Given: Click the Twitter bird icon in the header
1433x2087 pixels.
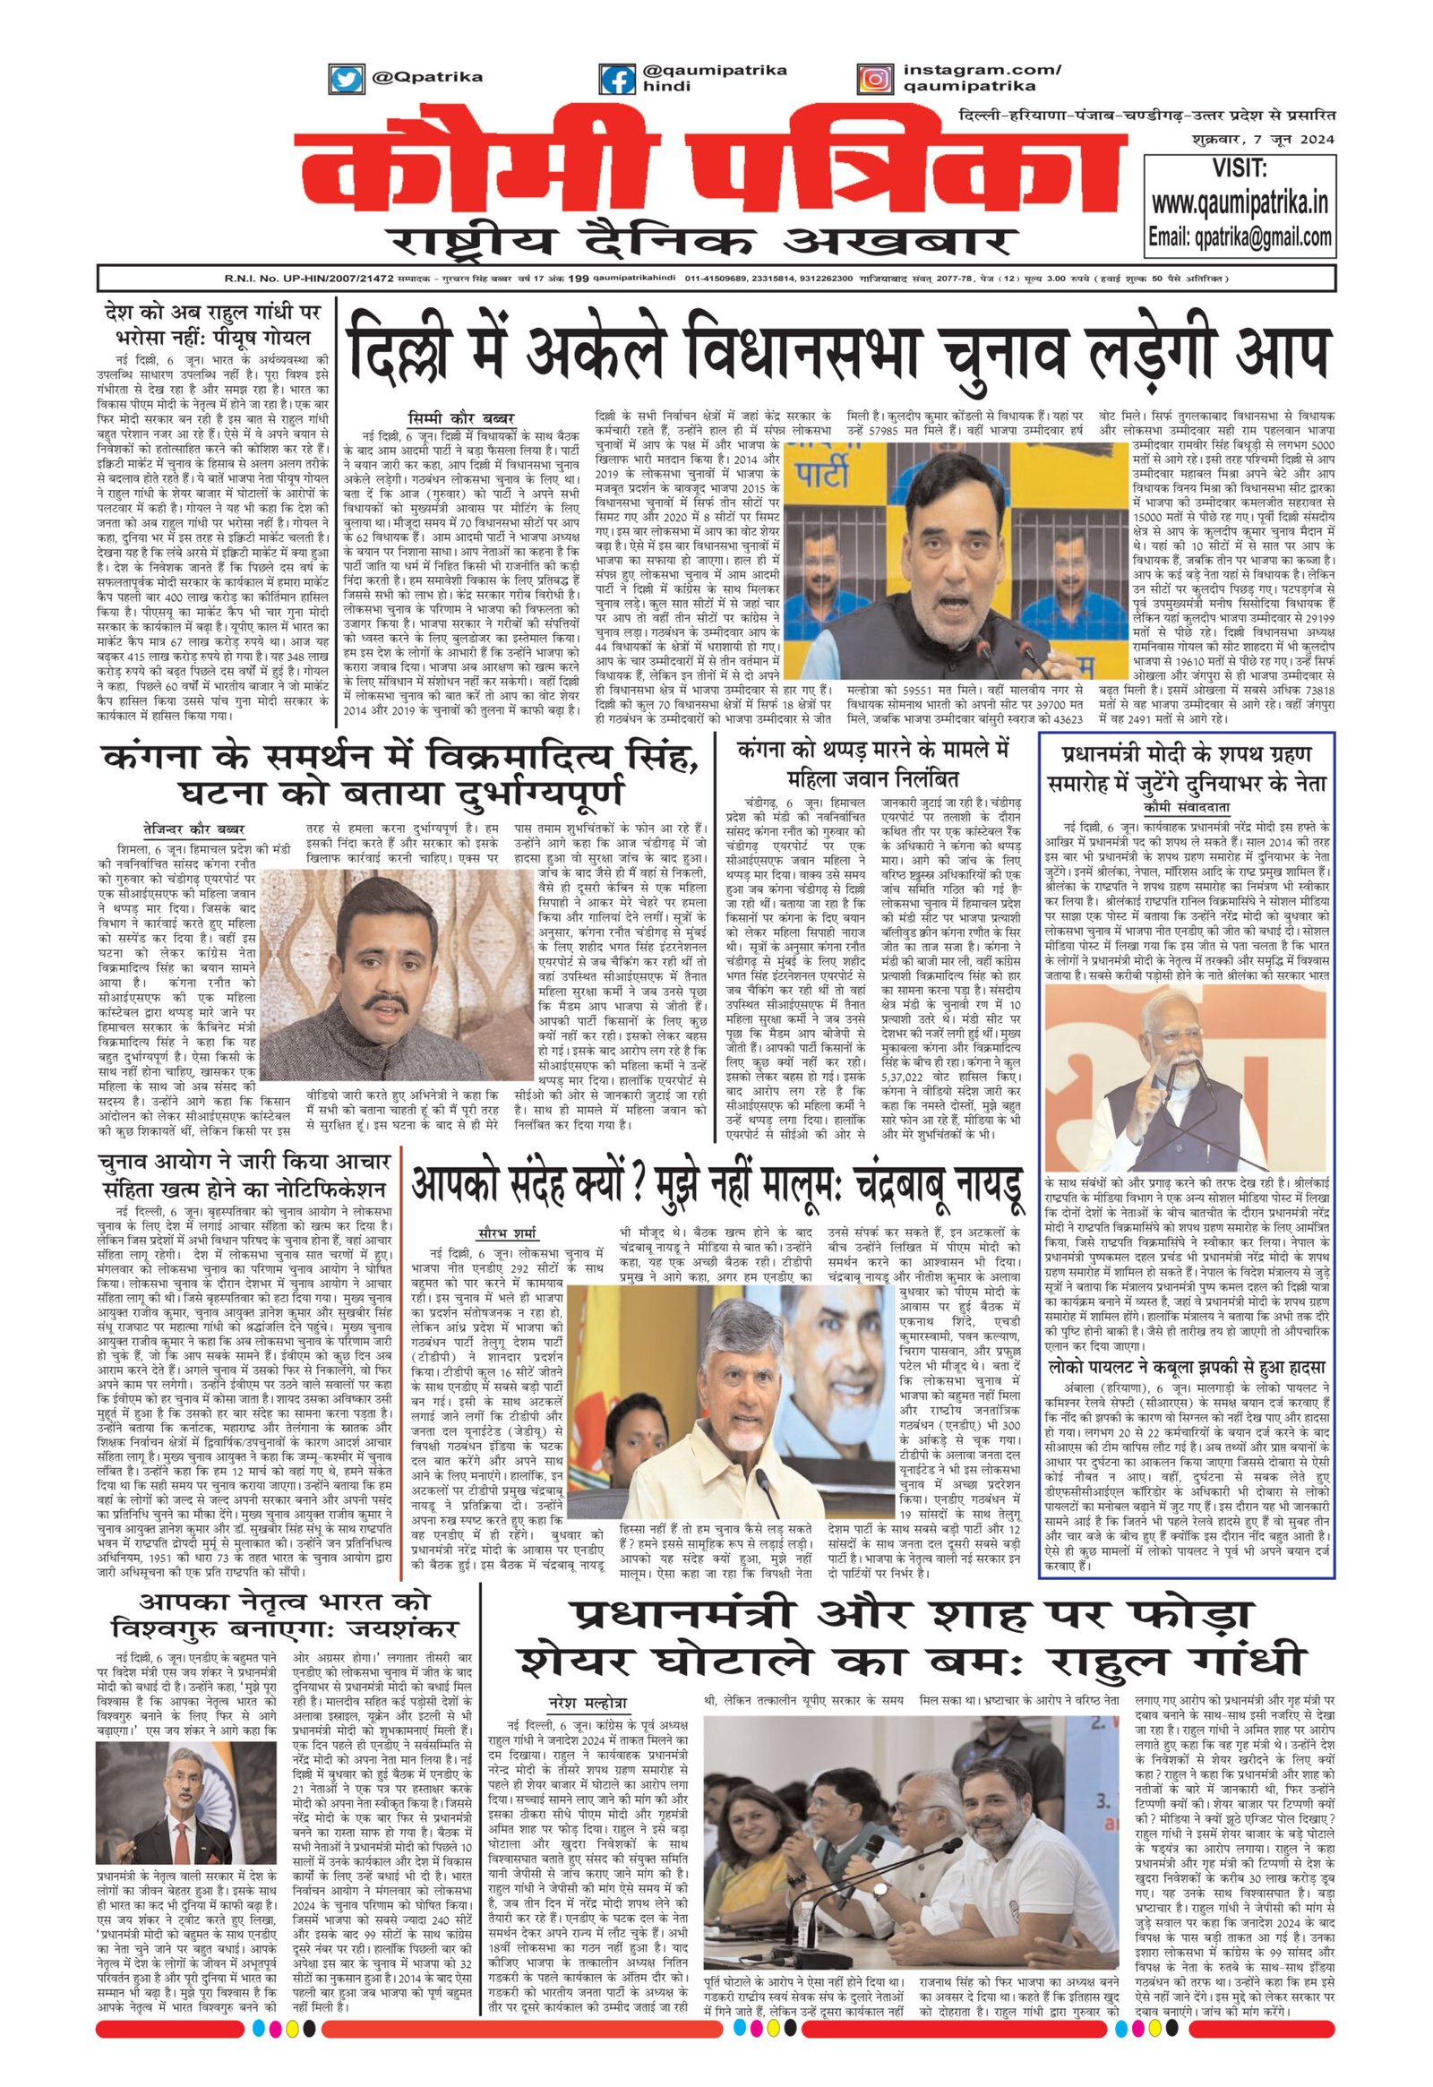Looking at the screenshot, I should pos(343,79).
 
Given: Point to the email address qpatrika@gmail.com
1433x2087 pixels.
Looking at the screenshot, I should pos(1240,237).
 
